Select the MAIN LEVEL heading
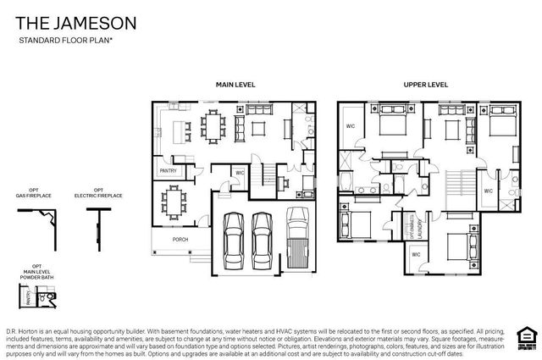pos(235,85)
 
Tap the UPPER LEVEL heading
pos(425,85)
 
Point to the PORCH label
pos(180,239)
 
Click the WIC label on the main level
pos(240,173)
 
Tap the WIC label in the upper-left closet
pos(351,126)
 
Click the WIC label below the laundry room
pos(416,254)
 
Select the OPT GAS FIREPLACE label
pos(35,193)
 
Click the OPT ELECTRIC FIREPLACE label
pos(98,193)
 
